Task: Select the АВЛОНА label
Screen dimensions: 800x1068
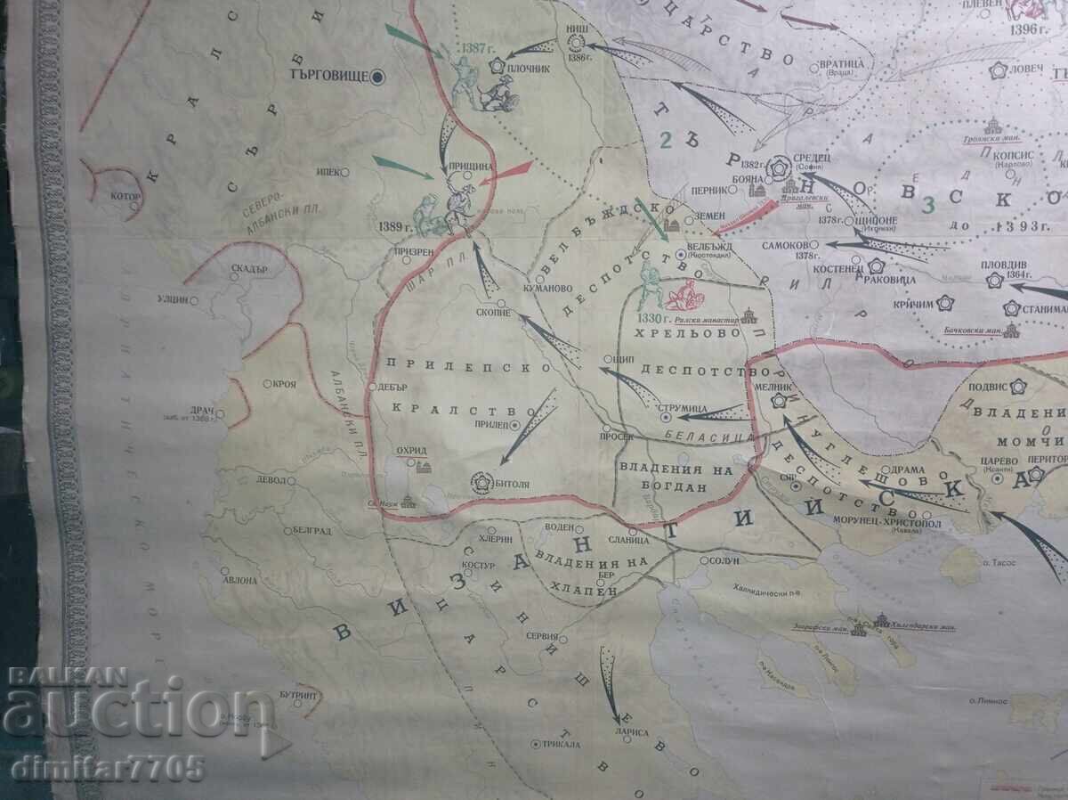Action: coord(241,580)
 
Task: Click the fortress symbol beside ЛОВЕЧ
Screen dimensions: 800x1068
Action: coord(998,69)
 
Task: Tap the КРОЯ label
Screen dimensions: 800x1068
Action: coord(286,384)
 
